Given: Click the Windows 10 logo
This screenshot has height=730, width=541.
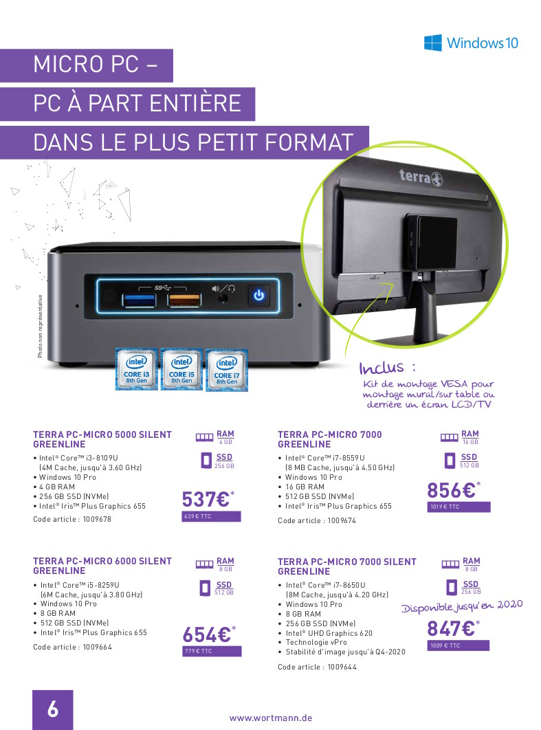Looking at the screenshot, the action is click(x=471, y=43).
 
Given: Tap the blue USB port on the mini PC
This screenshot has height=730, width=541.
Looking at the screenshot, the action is click(x=139, y=300).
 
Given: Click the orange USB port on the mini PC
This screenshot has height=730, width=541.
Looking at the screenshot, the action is click(x=184, y=300).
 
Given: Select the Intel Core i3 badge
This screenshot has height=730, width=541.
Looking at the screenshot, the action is click(x=136, y=368).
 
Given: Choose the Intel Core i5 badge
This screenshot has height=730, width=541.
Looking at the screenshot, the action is click(x=181, y=368).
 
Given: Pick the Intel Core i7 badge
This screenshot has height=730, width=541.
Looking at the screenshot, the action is click(x=227, y=370).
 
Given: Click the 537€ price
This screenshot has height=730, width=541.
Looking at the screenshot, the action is click(x=208, y=500).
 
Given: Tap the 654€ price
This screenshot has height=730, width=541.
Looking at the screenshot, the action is click(x=209, y=634).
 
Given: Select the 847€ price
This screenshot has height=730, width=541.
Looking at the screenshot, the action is click(x=453, y=628).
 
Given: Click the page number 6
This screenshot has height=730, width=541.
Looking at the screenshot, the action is click(x=53, y=709).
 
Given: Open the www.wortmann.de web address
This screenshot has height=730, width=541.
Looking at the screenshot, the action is click(x=271, y=718).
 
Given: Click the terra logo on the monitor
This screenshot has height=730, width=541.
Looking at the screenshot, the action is click(x=421, y=177).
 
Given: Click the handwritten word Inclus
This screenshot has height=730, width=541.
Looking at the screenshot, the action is click(x=382, y=368).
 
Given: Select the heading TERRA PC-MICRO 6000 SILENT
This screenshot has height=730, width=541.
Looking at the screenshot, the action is click(x=102, y=561).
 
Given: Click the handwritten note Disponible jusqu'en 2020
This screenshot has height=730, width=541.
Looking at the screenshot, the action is click(x=462, y=607).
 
